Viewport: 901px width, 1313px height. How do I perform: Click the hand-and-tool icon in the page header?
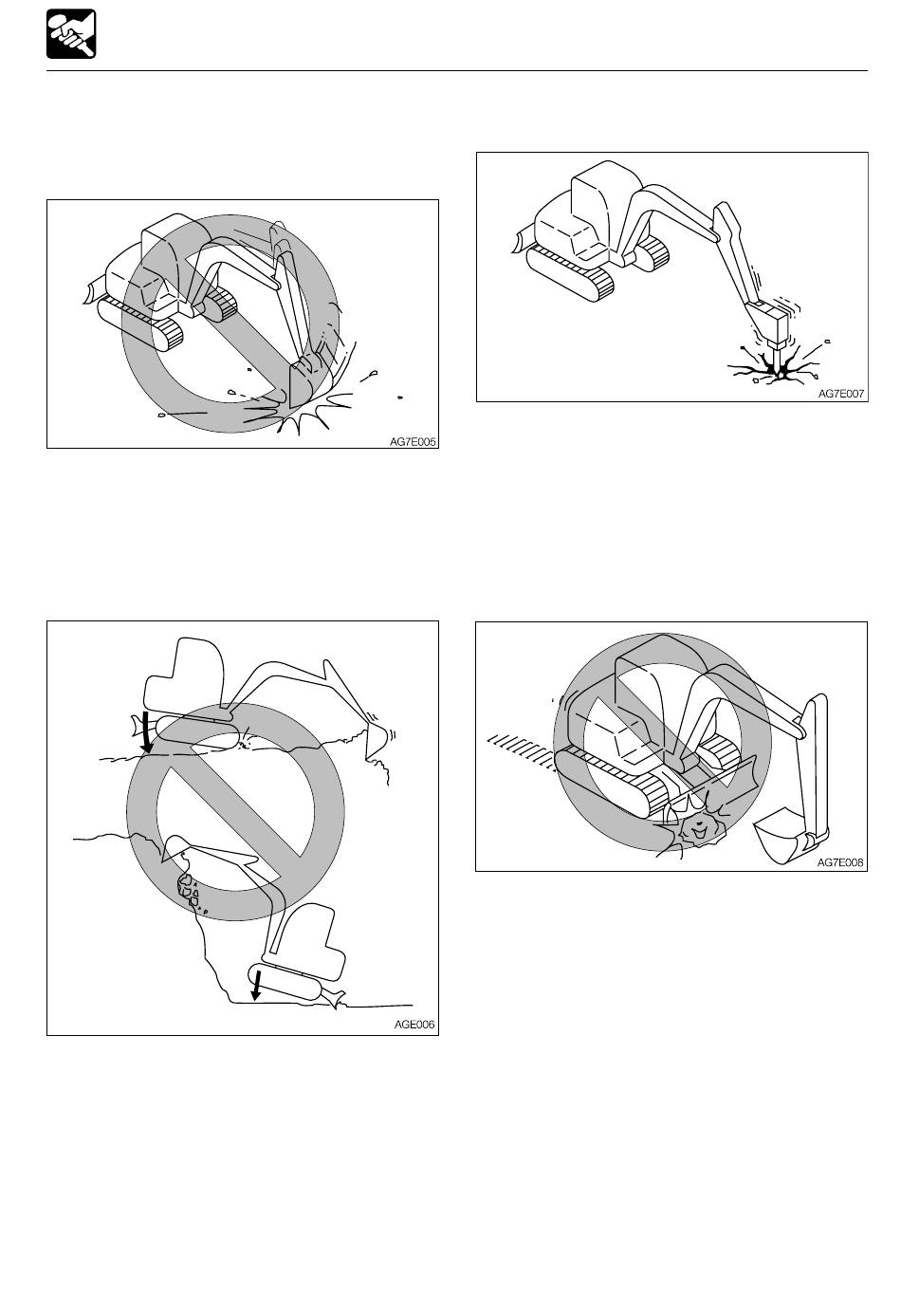pos(71,34)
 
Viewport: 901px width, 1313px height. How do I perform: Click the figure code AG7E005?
pos(413,442)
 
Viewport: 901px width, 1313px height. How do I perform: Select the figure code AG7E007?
pos(841,394)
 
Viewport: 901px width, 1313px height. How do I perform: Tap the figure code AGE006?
pos(414,1025)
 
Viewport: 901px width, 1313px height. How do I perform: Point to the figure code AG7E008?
pos(840,862)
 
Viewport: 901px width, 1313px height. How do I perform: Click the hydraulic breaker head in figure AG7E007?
pos(770,322)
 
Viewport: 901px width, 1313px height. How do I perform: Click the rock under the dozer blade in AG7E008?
pos(700,830)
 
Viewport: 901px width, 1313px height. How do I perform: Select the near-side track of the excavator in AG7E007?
pos(570,274)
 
